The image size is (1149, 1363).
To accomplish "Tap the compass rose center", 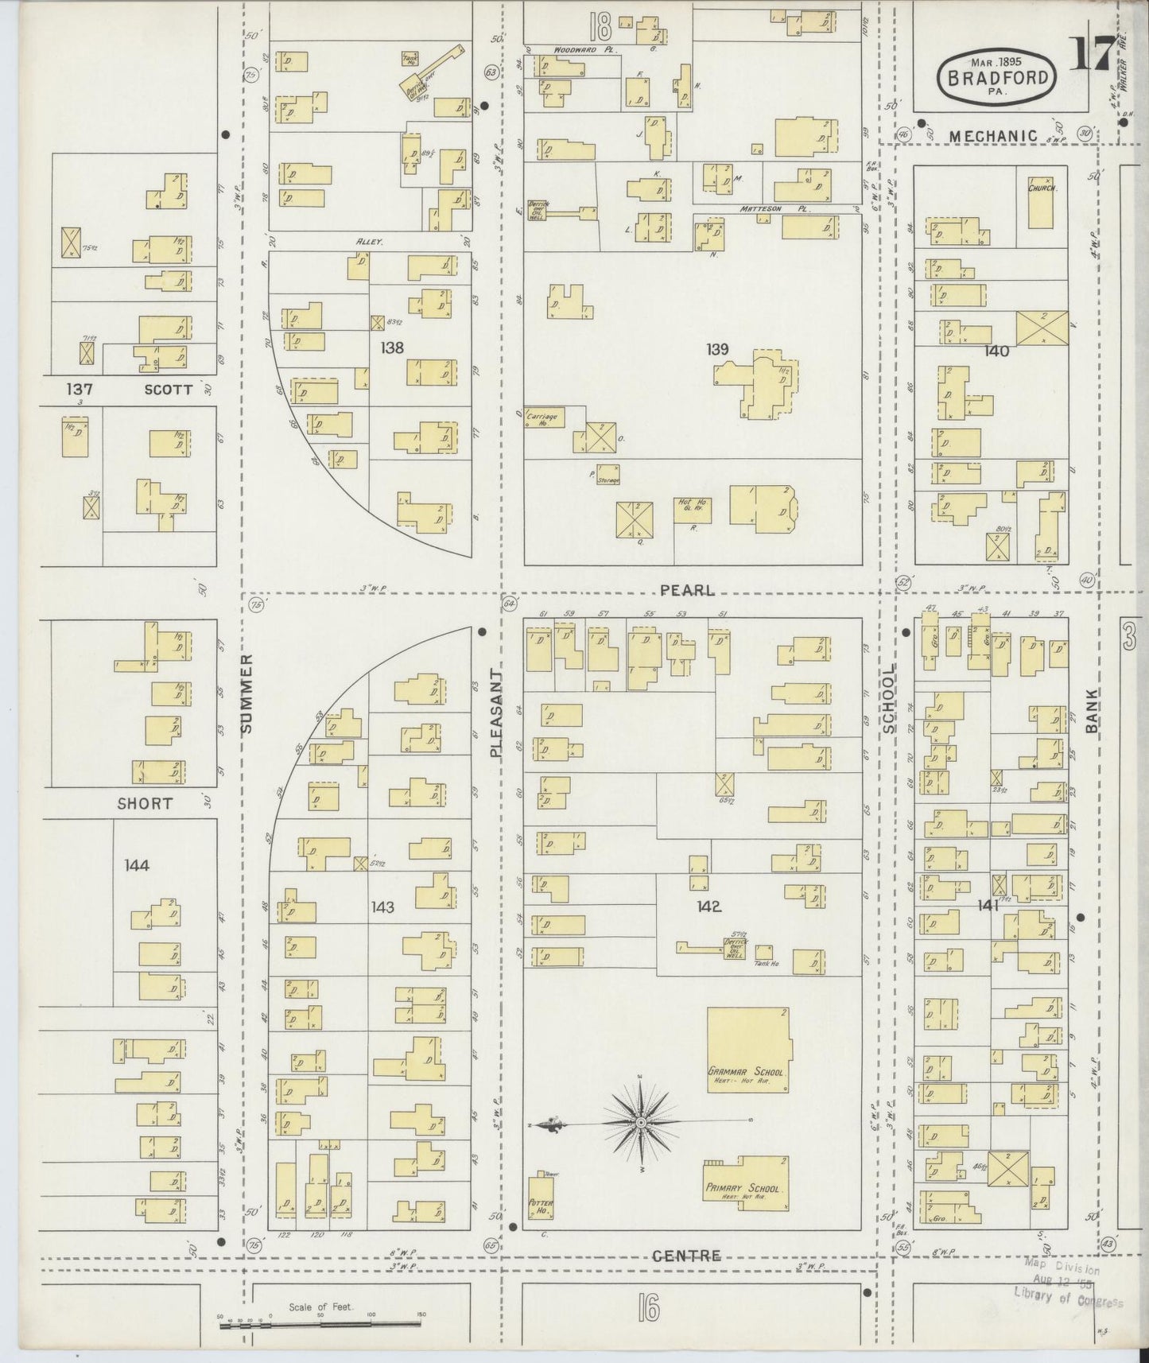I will click(640, 1122).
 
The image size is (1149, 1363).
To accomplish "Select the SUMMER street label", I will click(246, 693).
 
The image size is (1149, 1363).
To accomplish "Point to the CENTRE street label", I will click(687, 1256).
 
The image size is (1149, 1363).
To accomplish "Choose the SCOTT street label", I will click(169, 390).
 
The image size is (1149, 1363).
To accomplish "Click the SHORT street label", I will click(145, 803).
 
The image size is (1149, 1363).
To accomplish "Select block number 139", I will click(716, 349).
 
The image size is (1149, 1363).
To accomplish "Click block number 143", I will click(382, 907).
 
